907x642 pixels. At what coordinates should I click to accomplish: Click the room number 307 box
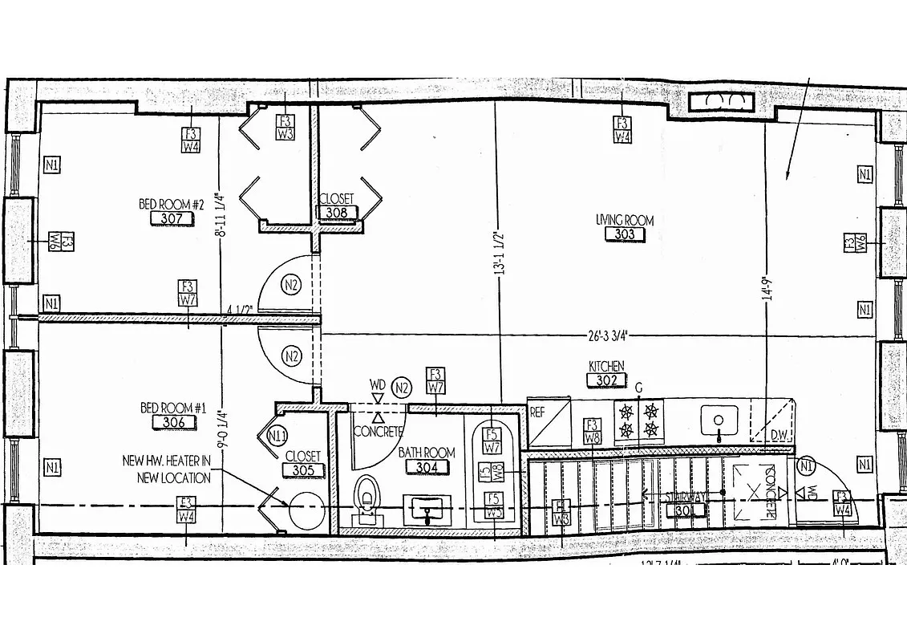pos(172,218)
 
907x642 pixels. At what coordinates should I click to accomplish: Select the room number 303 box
pos(625,234)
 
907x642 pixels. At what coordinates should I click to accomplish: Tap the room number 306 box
pos(174,423)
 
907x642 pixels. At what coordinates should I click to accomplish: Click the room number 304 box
pos(426,467)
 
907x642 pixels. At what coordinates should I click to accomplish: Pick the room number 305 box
pos(302,470)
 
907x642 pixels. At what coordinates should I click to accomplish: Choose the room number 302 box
pos(607,380)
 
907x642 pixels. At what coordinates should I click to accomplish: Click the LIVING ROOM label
pos(625,220)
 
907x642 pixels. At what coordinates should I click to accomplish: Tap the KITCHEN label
pos(606,366)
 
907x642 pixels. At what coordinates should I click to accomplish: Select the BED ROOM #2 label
pos(172,205)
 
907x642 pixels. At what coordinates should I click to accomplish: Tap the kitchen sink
pos(719,418)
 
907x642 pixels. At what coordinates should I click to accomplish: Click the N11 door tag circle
pos(278,437)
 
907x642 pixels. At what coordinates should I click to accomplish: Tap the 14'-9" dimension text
pos(767,288)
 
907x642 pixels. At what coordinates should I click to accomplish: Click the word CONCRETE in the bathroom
pos(378,432)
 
